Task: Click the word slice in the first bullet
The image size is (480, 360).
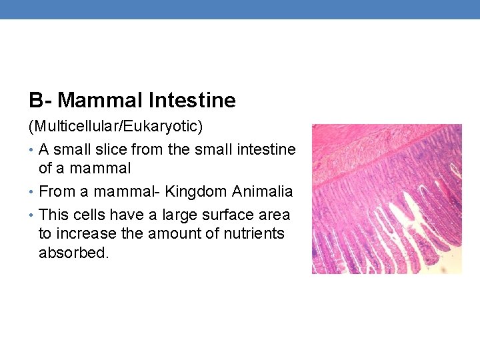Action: [x=111, y=149]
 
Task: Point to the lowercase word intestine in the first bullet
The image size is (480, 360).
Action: [x=265, y=149]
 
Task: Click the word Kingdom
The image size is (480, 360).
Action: [x=193, y=191]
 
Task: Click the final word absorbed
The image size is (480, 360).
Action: [x=73, y=253]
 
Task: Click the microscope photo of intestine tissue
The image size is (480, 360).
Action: [x=387, y=199]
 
